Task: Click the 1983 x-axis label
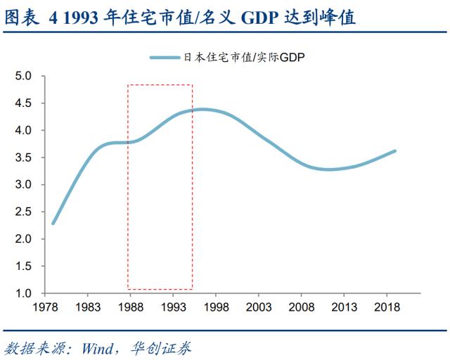click(86, 307)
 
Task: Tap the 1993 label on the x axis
click(172, 307)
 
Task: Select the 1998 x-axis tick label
click(215, 307)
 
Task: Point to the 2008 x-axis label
click(302, 307)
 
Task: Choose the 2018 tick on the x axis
click(387, 307)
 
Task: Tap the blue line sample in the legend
click(165, 58)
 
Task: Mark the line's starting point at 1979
click(53, 224)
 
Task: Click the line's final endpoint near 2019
click(395, 150)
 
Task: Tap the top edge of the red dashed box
click(160, 86)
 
